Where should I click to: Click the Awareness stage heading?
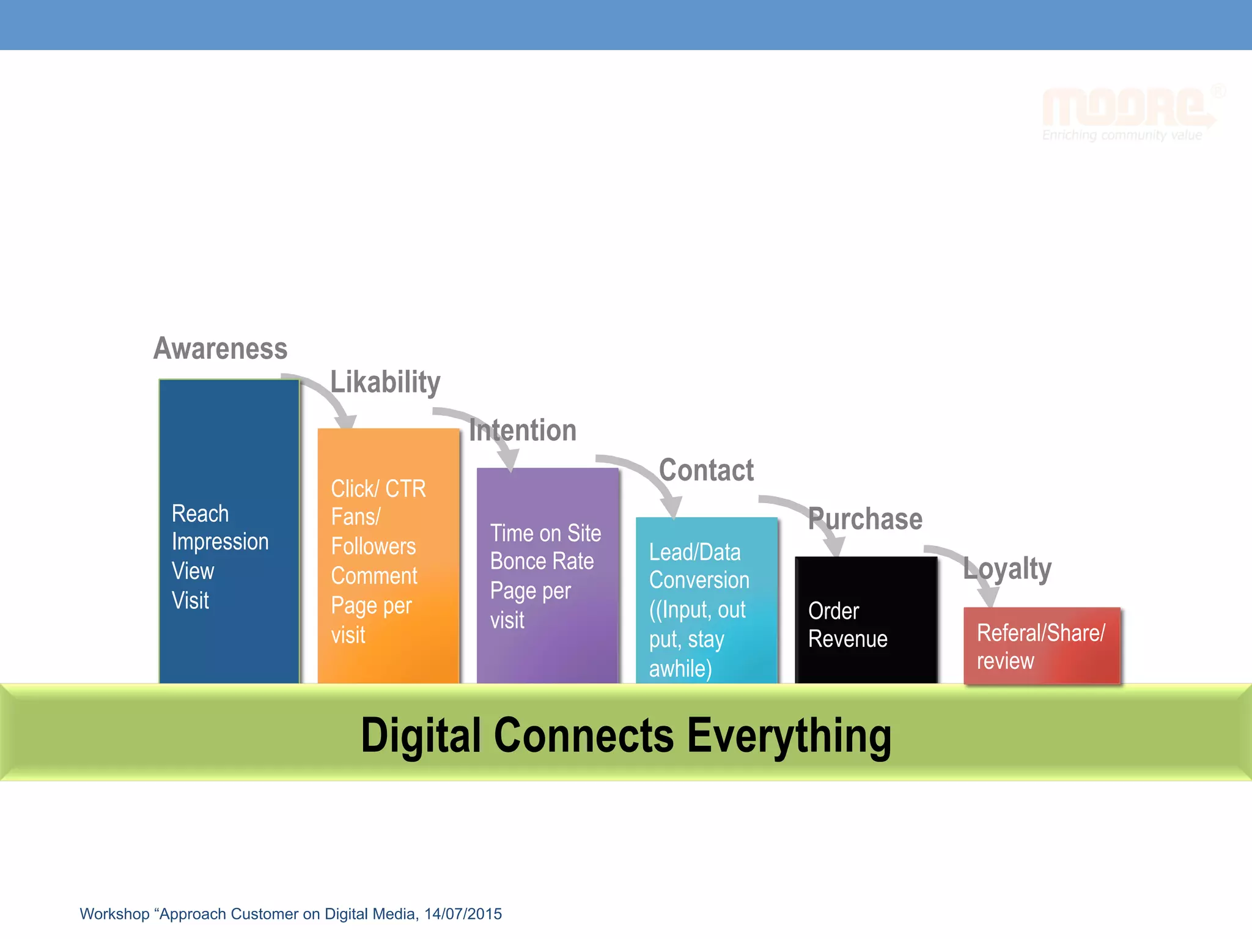[x=220, y=348]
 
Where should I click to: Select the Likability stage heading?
[x=385, y=382]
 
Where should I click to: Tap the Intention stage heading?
[x=523, y=430]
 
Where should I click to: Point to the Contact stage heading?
[x=706, y=470]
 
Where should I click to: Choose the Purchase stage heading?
[x=865, y=519]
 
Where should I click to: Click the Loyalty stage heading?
[x=1007, y=569]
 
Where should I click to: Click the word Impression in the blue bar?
[x=220, y=542]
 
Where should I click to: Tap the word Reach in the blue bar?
[x=200, y=514]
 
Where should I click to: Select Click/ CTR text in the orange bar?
[x=378, y=488]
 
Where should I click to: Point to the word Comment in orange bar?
[x=374, y=576]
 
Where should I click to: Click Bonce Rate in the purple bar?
[x=542, y=561]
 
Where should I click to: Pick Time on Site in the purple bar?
[x=545, y=533]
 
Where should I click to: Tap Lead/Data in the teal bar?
[x=694, y=552]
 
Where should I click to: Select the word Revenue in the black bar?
[x=847, y=639]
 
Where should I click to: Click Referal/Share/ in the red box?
[x=1040, y=633]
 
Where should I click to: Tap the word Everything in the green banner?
[x=789, y=735]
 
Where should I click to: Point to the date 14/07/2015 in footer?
[x=463, y=914]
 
